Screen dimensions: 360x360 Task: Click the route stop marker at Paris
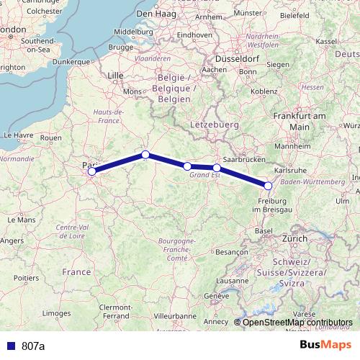pos(91,171)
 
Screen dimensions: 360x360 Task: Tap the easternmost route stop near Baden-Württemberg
pos(269,186)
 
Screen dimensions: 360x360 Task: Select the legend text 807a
pos(32,346)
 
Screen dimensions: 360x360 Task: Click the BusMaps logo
pos(327,345)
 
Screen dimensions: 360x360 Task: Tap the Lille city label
pos(116,74)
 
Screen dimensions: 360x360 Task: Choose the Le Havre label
pos(19,135)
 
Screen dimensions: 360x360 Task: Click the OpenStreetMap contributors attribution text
pos(297,322)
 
